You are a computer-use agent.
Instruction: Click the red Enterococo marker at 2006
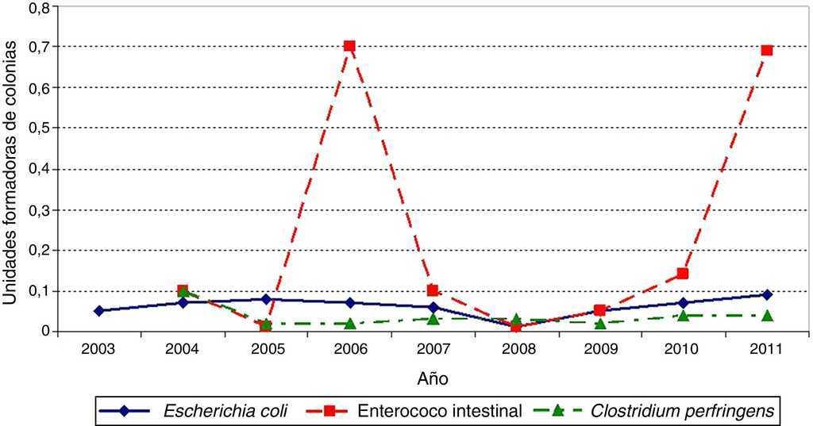[x=349, y=46]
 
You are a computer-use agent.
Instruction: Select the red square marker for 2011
[x=766, y=50]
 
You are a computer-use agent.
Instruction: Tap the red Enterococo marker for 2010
[x=683, y=274]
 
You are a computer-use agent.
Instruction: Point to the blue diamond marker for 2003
[x=99, y=311]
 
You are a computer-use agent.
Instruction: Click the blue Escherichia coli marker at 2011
[x=766, y=294]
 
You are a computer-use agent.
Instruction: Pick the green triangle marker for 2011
[x=766, y=315]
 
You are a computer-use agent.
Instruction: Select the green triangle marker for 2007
[x=433, y=318]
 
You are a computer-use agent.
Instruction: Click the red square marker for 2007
[x=433, y=290]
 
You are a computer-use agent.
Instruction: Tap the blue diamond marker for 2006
[x=349, y=302]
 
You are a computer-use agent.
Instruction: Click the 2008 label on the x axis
[x=516, y=349]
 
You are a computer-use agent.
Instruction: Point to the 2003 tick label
[x=99, y=349]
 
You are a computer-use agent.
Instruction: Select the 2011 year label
[x=766, y=349]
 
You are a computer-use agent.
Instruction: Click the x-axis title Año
[x=433, y=379]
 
